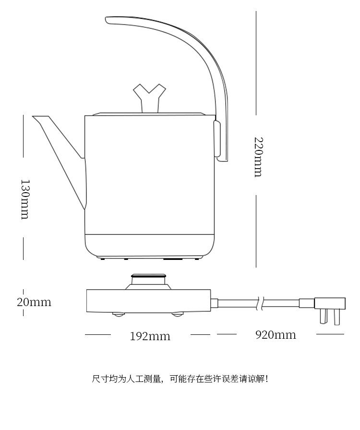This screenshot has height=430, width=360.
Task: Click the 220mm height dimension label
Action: [258, 157]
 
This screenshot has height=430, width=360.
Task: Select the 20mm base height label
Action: [34, 302]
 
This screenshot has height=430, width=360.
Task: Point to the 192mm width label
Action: [150, 336]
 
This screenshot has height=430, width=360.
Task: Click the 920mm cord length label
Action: [275, 334]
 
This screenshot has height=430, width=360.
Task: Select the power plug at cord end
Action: [329, 304]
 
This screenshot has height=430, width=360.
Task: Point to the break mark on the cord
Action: [260, 303]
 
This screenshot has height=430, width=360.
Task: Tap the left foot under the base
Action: [119, 314]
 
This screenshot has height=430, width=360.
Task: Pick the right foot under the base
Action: [177, 314]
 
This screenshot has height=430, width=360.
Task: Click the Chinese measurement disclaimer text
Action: [180, 379]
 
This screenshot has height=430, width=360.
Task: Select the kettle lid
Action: [149, 114]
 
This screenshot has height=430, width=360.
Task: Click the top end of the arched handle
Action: [109, 20]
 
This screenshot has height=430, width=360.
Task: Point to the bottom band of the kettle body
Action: [149, 244]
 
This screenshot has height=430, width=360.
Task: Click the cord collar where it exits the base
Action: [215, 303]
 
